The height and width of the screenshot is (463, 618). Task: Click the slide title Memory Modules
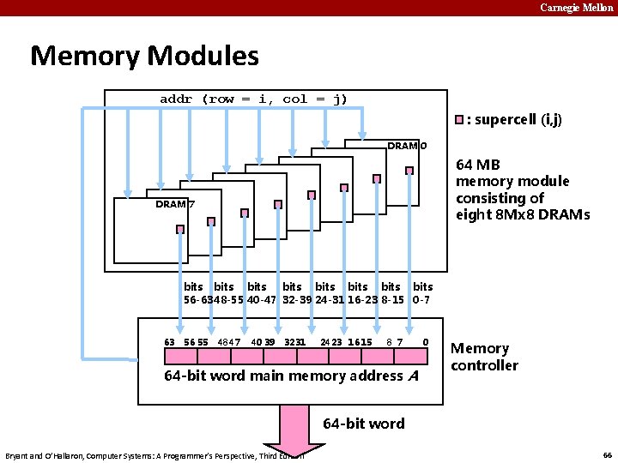pyautogui.click(x=144, y=57)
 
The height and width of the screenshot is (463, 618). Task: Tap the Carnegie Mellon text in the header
pyautogui.click(x=577, y=8)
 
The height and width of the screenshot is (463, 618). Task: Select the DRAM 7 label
pyautogui.click(x=175, y=204)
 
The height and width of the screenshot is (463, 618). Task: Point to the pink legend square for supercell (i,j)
pyautogui.click(x=460, y=119)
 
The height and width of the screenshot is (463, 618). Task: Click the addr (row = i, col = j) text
pyautogui.click(x=254, y=99)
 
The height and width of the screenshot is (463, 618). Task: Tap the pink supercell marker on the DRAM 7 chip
pyautogui.click(x=180, y=229)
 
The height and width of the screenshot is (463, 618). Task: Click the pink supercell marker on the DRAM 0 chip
pyautogui.click(x=409, y=171)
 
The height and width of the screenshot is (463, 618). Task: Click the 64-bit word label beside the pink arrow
pyautogui.click(x=363, y=423)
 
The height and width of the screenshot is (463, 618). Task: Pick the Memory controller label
pyautogui.click(x=484, y=357)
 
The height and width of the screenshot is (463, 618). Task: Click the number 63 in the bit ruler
pyautogui.click(x=170, y=342)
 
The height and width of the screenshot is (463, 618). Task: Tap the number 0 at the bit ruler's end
pyautogui.click(x=426, y=342)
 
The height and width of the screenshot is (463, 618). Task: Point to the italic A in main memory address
pyautogui.click(x=414, y=376)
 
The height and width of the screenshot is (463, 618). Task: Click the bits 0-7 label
pyautogui.click(x=422, y=293)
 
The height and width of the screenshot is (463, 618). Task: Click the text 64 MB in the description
pyautogui.click(x=478, y=164)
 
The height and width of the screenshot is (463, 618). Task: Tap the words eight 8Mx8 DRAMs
pyautogui.click(x=523, y=214)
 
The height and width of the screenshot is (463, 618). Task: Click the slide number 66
pyautogui.click(x=607, y=455)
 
